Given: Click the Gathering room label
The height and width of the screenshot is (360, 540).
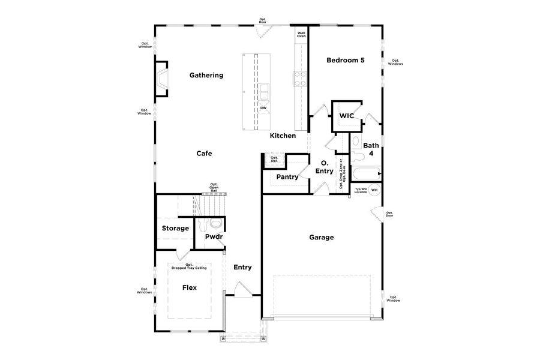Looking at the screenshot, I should click(x=206, y=76).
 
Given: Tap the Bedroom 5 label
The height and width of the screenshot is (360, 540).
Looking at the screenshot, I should click(x=345, y=60).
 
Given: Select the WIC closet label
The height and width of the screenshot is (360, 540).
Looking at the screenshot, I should click(x=346, y=115).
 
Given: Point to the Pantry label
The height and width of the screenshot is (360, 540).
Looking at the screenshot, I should click(x=287, y=177).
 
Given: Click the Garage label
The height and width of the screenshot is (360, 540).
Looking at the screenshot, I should click(x=321, y=238).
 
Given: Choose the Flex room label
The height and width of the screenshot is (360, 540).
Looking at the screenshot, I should click(x=190, y=287).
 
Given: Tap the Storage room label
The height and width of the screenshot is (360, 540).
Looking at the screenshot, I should click(x=175, y=229).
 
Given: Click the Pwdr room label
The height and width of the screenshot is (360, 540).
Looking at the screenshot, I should click(x=214, y=237).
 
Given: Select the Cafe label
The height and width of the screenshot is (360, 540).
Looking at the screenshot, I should click(x=204, y=154).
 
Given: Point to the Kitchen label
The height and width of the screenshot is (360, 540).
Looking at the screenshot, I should click(x=283, y=136).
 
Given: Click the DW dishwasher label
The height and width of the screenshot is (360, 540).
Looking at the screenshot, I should click(x=263, y=109).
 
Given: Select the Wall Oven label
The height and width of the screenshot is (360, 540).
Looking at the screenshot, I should click(x=301, y=35).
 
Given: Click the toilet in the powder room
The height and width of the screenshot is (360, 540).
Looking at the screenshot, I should click(x=202, y=226).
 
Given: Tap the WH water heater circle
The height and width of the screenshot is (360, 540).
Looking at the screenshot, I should click(x=374, y=190).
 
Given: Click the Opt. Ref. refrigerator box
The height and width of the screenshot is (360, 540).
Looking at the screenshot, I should click(x=274, y=160).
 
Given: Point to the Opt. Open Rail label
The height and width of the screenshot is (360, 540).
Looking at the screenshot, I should click(x=214, y=187).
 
